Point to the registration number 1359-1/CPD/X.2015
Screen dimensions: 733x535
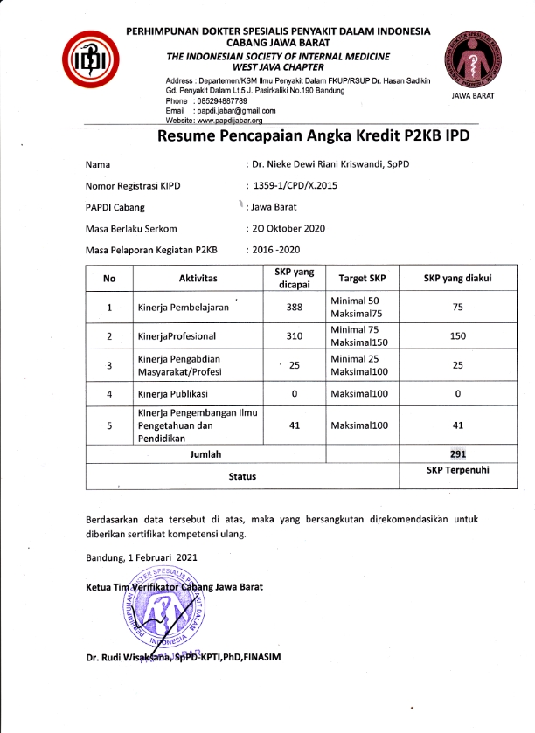coord(298,185)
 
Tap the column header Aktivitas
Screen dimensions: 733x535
coord(198,279)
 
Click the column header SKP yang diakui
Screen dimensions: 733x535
coord(457,279)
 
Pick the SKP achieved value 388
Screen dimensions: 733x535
coord(294,308)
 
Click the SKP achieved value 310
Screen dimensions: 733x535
coord(294,335)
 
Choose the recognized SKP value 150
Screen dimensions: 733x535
coord(457,335)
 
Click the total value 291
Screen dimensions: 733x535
coord(457,454)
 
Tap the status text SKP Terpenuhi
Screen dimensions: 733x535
coord(457,470)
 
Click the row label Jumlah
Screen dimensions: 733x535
coord(205,454)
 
